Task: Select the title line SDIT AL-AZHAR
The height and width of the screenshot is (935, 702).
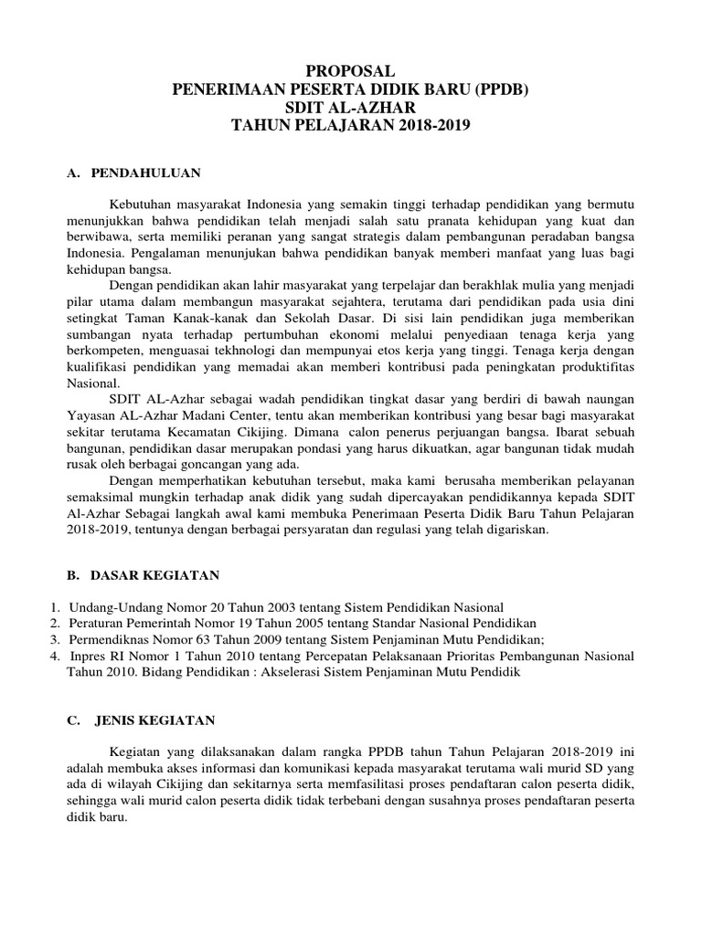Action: (x=350, y=107)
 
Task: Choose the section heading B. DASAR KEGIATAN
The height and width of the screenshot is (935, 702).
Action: (x=143, y=574)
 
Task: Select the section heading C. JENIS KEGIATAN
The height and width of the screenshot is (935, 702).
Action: (x=141, y=720)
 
